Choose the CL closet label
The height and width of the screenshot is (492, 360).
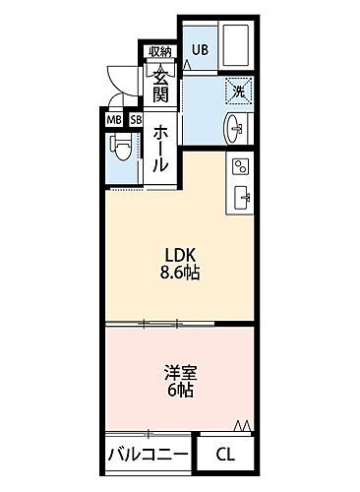(226, 455)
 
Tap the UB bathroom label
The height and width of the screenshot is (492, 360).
(200, 49)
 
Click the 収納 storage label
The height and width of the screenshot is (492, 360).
(159, 52)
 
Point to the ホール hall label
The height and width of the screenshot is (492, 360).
(160, 148)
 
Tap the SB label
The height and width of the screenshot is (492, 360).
(136, 120)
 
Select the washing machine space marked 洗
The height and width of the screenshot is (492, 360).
(237, 92)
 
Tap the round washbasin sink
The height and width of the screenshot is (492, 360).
(237, 127)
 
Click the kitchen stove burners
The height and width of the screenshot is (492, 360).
(240, 165)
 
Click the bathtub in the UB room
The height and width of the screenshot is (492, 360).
(237, 50)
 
